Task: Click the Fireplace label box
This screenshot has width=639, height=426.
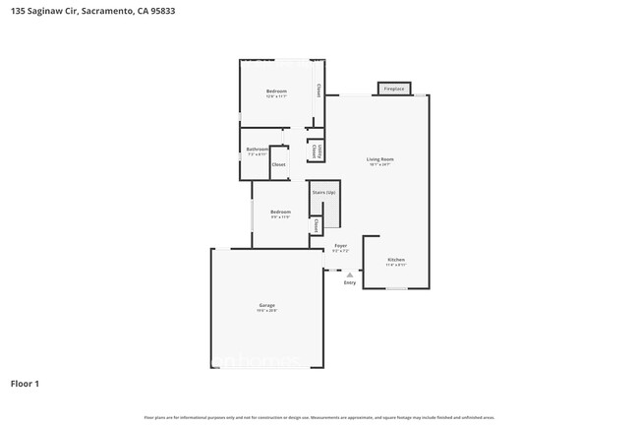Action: pyautogui.click(x=394, y=90)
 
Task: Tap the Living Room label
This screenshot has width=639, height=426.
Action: pyautogui.click(x=379, y=158)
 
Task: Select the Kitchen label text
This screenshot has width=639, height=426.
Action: pyautogui.click(x=394, y=260)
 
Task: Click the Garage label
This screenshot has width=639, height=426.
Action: pyautogui.click(x=266, y=305)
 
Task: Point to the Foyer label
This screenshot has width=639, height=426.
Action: pyautogui.click(x=340, y=245)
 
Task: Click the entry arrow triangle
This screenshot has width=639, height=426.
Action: pyautogui.click(x=349, y=274)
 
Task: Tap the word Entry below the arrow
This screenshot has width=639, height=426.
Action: pyautogui.click(x=349, y=283)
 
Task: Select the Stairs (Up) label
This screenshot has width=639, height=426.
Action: pyautogui.click(x=323, y=193)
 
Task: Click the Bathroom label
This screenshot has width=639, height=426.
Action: pyautogui.click(x=257, y=150)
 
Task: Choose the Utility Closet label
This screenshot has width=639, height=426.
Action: pyautogui.click(x=314, y=151)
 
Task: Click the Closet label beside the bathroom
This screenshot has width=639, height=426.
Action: pyautogui.click(x=278, y=164)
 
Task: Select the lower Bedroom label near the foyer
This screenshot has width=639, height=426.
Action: pyautogui.click(x=281, y=212)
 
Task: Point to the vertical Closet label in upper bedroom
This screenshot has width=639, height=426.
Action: pyautogui.click(x=318, y=91)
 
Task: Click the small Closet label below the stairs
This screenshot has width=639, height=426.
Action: pyautogui.click(x=316, y=226)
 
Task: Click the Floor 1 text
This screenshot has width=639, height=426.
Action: pyautogui.click(x=25, y=383)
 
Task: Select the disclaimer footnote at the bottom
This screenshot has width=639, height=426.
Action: pyautogui.click(x=319, y=416)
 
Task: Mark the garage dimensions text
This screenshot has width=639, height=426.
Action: pyautogui.click(x=266, y=311)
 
